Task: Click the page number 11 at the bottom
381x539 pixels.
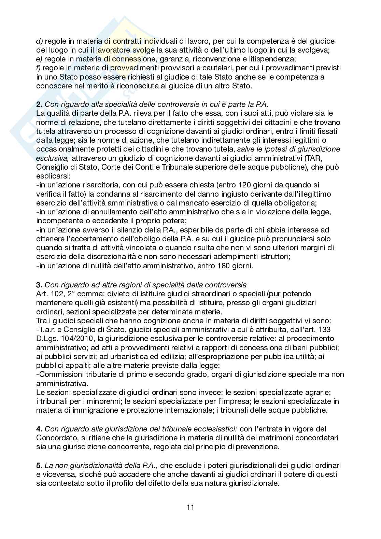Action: click(x=190, y=507)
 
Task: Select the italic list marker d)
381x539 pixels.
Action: click(x=40, y=41)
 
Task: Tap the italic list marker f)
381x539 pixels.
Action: click(x=39, y=68)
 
